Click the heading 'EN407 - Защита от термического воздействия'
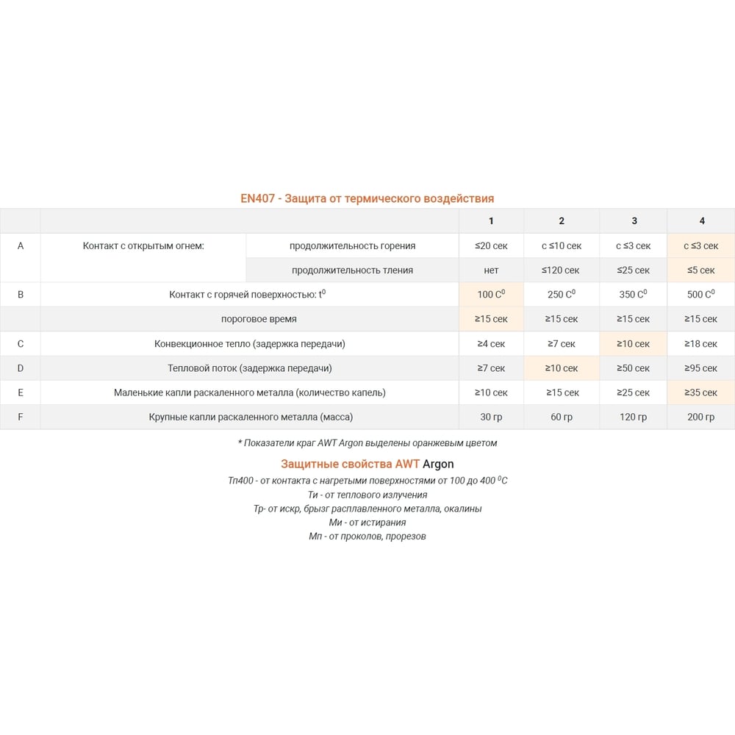[x=367, y=198]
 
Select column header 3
[x=634, y=220]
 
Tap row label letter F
[x=20, y=417]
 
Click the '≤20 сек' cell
[x=491, y=245]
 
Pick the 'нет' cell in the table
[x=491, y=270]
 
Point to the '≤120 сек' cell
[x=562, y=270]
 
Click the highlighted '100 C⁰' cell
[x=491, y=295]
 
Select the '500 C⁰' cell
[x=701, y=295]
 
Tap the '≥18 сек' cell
[x=701, y=343]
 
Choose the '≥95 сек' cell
[x=701, y=368]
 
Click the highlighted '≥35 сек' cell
[x=701, y=392]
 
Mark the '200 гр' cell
[x=701, y=417]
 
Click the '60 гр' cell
[x=562, y=417]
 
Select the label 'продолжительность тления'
[x=352, y=270]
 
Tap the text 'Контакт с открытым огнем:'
[x=143, y=245]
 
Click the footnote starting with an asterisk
[x=367, y=442]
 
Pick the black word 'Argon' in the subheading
[x=438, y=464]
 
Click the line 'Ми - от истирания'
[x=367, y=523]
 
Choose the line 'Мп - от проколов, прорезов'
[x=367, y=536]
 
